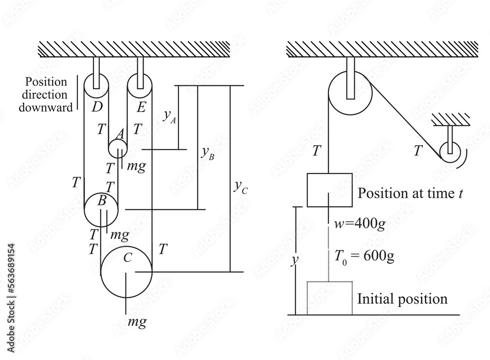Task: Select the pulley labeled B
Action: coord(101,209)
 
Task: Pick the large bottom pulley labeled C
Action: coord(126,271)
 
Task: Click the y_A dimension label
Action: coord(169,116)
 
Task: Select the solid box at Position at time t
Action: coord(329,190)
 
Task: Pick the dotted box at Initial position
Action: coord(329,298)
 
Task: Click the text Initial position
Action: coord(402,299)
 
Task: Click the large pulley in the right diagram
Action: coord(348,94)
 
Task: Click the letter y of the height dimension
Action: coord(294,261)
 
